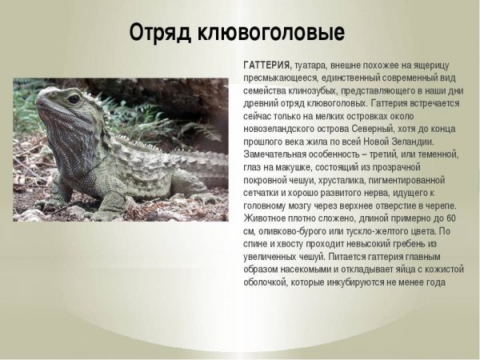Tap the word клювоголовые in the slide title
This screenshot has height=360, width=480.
click(x=274, y=33)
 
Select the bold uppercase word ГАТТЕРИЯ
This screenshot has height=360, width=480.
click(x=267, y=64)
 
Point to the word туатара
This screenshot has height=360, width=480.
click(x=310, y=64)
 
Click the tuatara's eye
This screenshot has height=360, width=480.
click(x=73, y=100)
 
